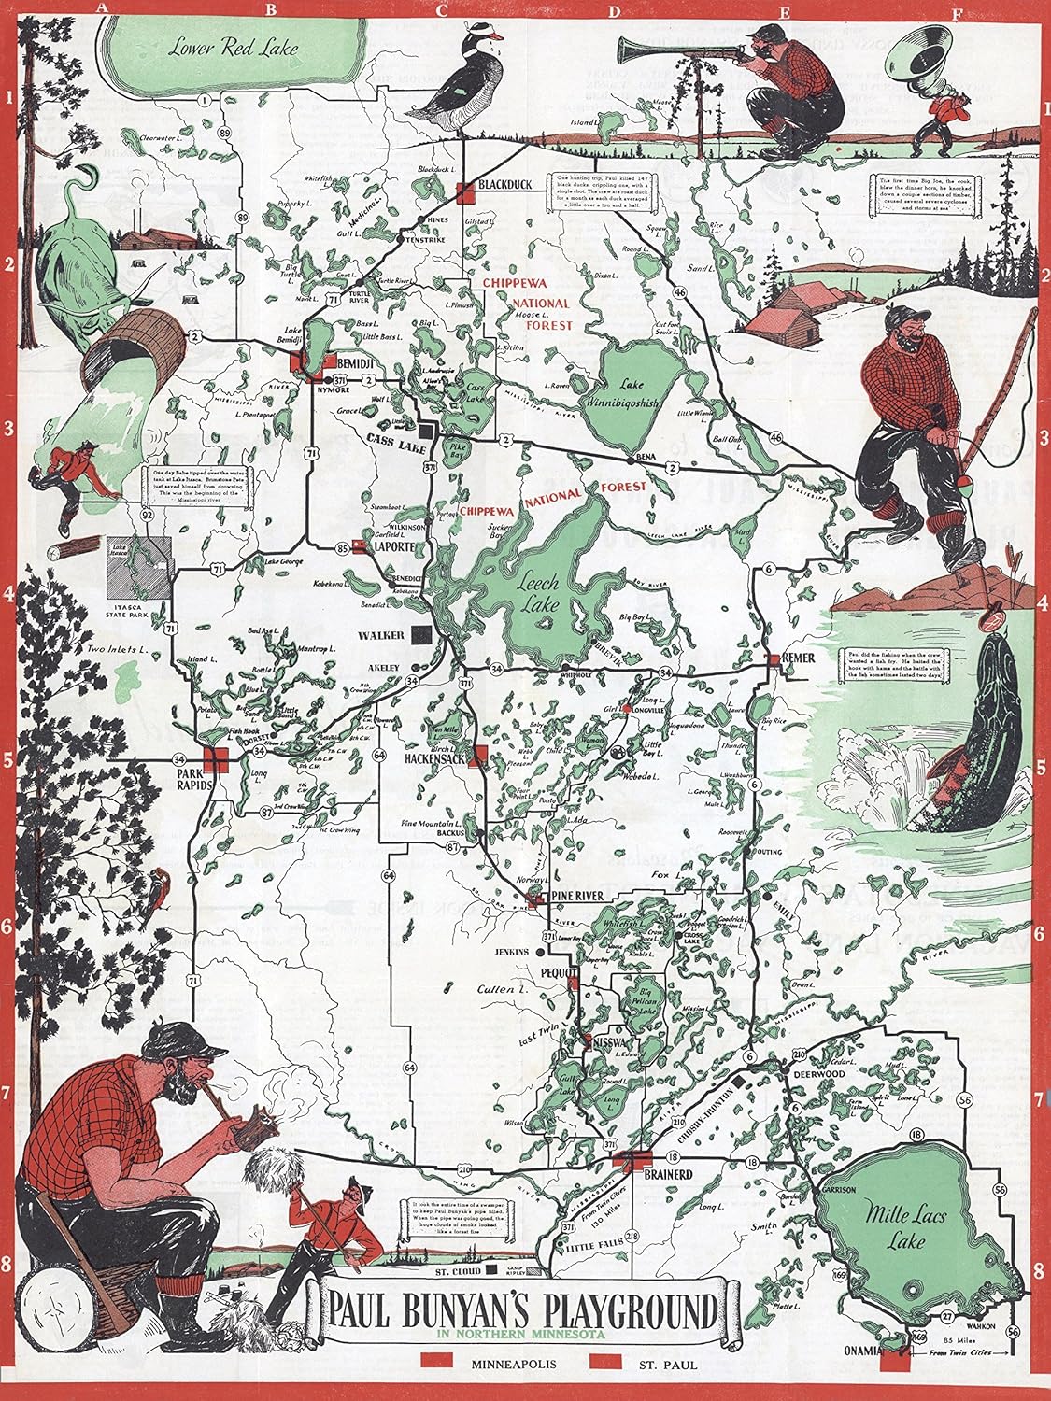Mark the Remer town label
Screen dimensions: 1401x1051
[x=800, y=658]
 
